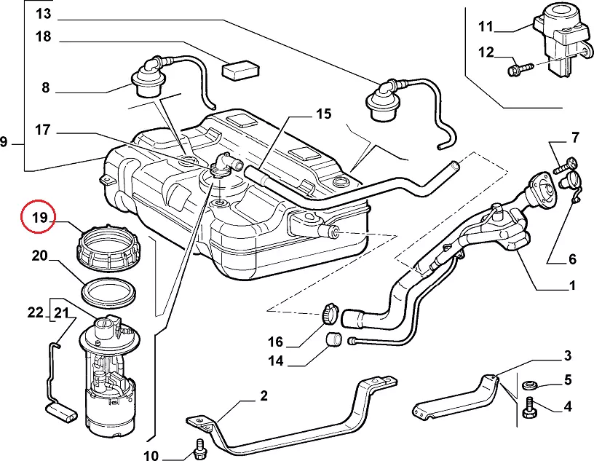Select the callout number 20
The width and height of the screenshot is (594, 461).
coord(39,256)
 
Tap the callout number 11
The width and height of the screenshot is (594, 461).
coord(486,27)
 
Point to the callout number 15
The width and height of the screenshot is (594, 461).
coord(323,114)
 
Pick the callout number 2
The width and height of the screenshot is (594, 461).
coord(263,396)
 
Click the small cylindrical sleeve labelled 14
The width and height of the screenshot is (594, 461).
coord(334,339)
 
